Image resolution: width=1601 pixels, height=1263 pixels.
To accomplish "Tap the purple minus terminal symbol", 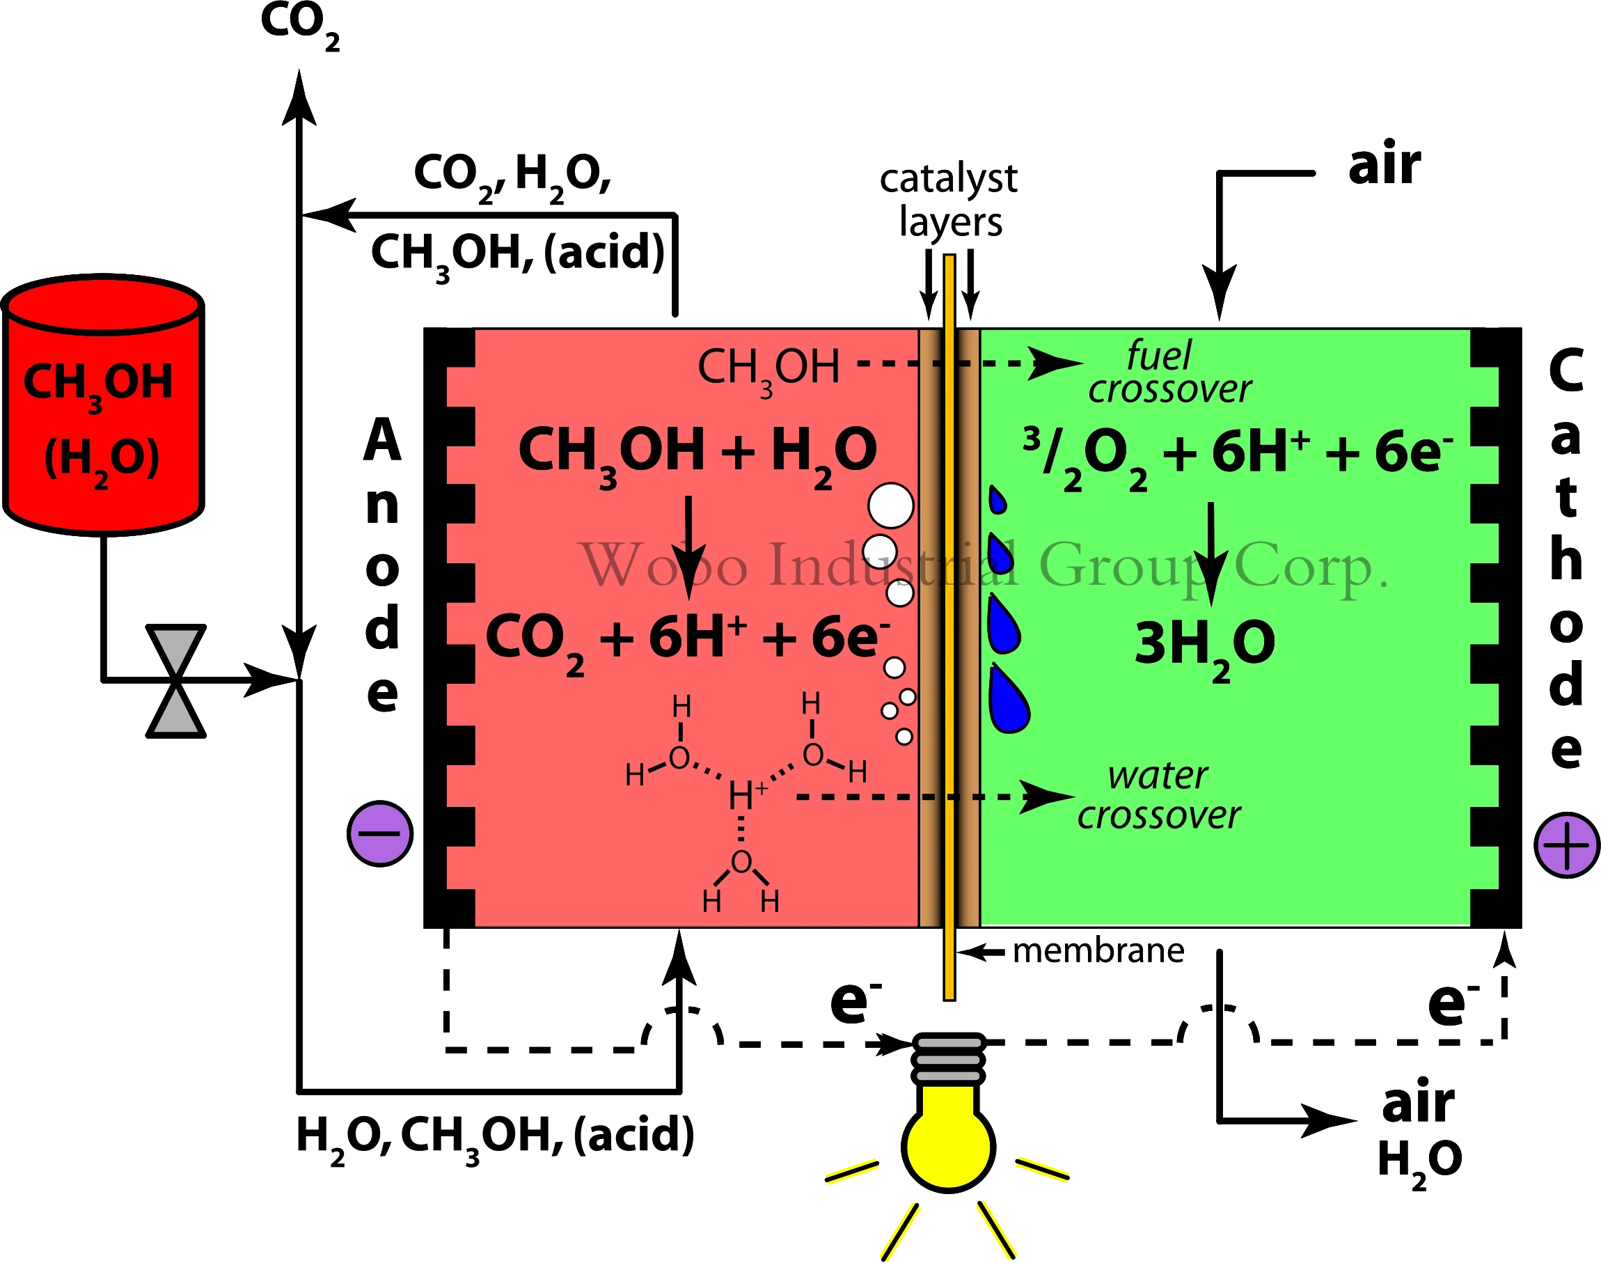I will click(x=380, y=833).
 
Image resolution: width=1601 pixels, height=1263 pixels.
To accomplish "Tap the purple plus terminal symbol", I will click(x=1566, y=845).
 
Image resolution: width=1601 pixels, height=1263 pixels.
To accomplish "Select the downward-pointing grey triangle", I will click(x=176, y=648).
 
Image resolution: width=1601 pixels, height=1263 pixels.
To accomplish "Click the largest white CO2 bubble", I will click(x=891, y=505).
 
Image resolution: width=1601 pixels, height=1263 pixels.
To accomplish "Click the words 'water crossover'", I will click(x=1158, y=796).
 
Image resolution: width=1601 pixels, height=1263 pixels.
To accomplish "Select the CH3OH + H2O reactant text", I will click(x=697, y=452).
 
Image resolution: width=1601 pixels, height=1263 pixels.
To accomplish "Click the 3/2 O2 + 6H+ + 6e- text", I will click(x=1238, y=453).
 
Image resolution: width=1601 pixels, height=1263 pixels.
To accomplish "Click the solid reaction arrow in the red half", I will click(x=688, y=547).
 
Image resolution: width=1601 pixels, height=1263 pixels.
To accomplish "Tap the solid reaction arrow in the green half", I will click(x=1210, y=555).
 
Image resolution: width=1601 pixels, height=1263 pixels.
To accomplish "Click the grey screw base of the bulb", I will click(x=948, y=1060).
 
